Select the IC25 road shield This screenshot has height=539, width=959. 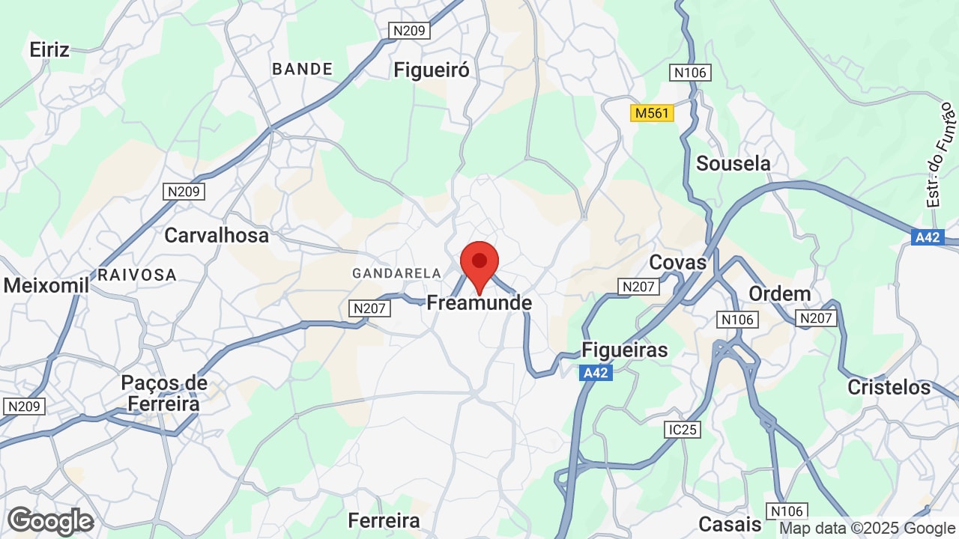pyautogui.click(x=682, y=430)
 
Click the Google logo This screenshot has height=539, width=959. pyautogui.click(x=50, y=521)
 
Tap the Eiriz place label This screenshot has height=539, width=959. pyautogui.click(x=49, y=50)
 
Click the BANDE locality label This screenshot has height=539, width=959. pyautogui.click(x=303, y=69)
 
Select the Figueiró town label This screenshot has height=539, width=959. pyautogui.click(x=432, y=70)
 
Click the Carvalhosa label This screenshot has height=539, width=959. pyautogui.click(x=217, y=235)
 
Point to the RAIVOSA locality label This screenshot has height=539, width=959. pyautogui.click(x=137, y=275)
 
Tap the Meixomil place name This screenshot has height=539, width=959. pyautogui.click(x=46, y=285)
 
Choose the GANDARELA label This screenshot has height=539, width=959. pyautogui.click(x=396, y=273)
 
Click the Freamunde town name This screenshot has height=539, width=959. pyautogui.click(x=479, y=303)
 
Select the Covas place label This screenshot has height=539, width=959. pyautogui.click(x=678, y=262)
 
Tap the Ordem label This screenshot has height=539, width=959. pyautogui.click(x=780, y=293)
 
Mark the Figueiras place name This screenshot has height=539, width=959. pyautogui.click(x=625, y=350)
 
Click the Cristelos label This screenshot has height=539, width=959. pyautogui.click(x=889, y=387)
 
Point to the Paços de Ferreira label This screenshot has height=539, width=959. pyautogui.click(x=163, y=393)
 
